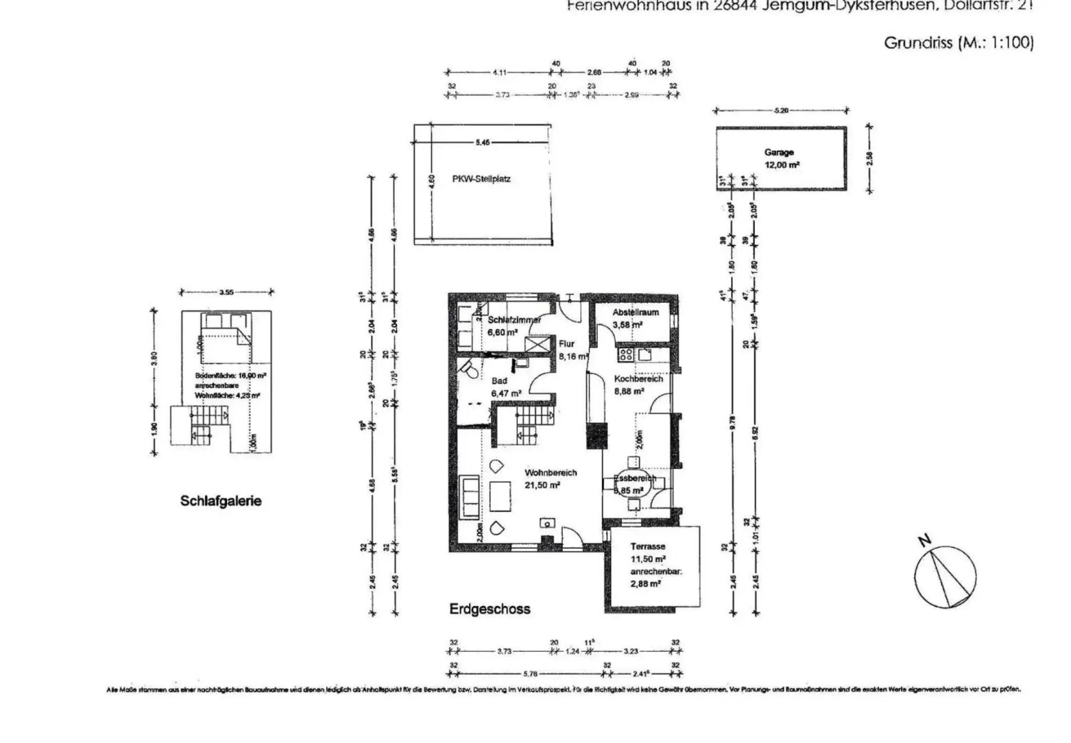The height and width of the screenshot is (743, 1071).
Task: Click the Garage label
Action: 779,153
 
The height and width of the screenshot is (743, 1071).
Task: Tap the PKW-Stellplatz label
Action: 481,179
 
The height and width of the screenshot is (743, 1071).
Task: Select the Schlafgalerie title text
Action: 221,501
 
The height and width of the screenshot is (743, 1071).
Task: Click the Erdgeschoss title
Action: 490,609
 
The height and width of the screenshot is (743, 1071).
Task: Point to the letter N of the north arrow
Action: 925,540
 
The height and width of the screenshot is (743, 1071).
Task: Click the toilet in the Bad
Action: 470,371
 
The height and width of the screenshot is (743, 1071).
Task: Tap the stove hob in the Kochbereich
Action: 626,355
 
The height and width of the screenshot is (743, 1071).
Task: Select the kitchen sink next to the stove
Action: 645,355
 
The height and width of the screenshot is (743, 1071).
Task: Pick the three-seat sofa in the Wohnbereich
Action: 470,496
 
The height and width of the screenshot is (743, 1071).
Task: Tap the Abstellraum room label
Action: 636,312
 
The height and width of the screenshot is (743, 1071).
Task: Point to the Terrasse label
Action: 647,546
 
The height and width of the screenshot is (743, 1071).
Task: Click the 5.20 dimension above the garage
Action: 781,110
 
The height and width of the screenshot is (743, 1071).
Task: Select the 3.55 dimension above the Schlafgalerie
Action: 226,292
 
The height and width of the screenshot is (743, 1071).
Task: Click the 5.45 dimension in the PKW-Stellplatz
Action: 483,142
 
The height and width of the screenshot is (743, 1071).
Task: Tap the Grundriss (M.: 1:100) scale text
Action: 958,43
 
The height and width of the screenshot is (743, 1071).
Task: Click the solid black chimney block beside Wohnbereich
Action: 596,435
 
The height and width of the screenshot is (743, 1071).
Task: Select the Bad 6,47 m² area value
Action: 506,394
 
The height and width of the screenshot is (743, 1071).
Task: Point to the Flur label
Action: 566,344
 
